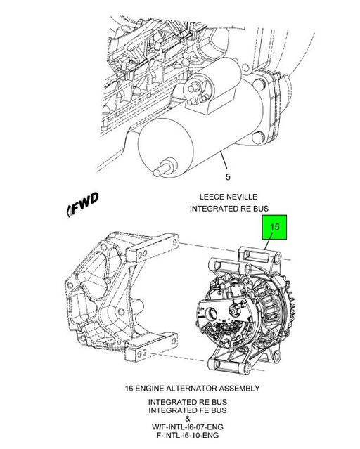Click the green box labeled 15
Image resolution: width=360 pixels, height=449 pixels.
(x=275, y=228)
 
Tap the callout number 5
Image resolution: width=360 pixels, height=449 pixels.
(x=226, y=176)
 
